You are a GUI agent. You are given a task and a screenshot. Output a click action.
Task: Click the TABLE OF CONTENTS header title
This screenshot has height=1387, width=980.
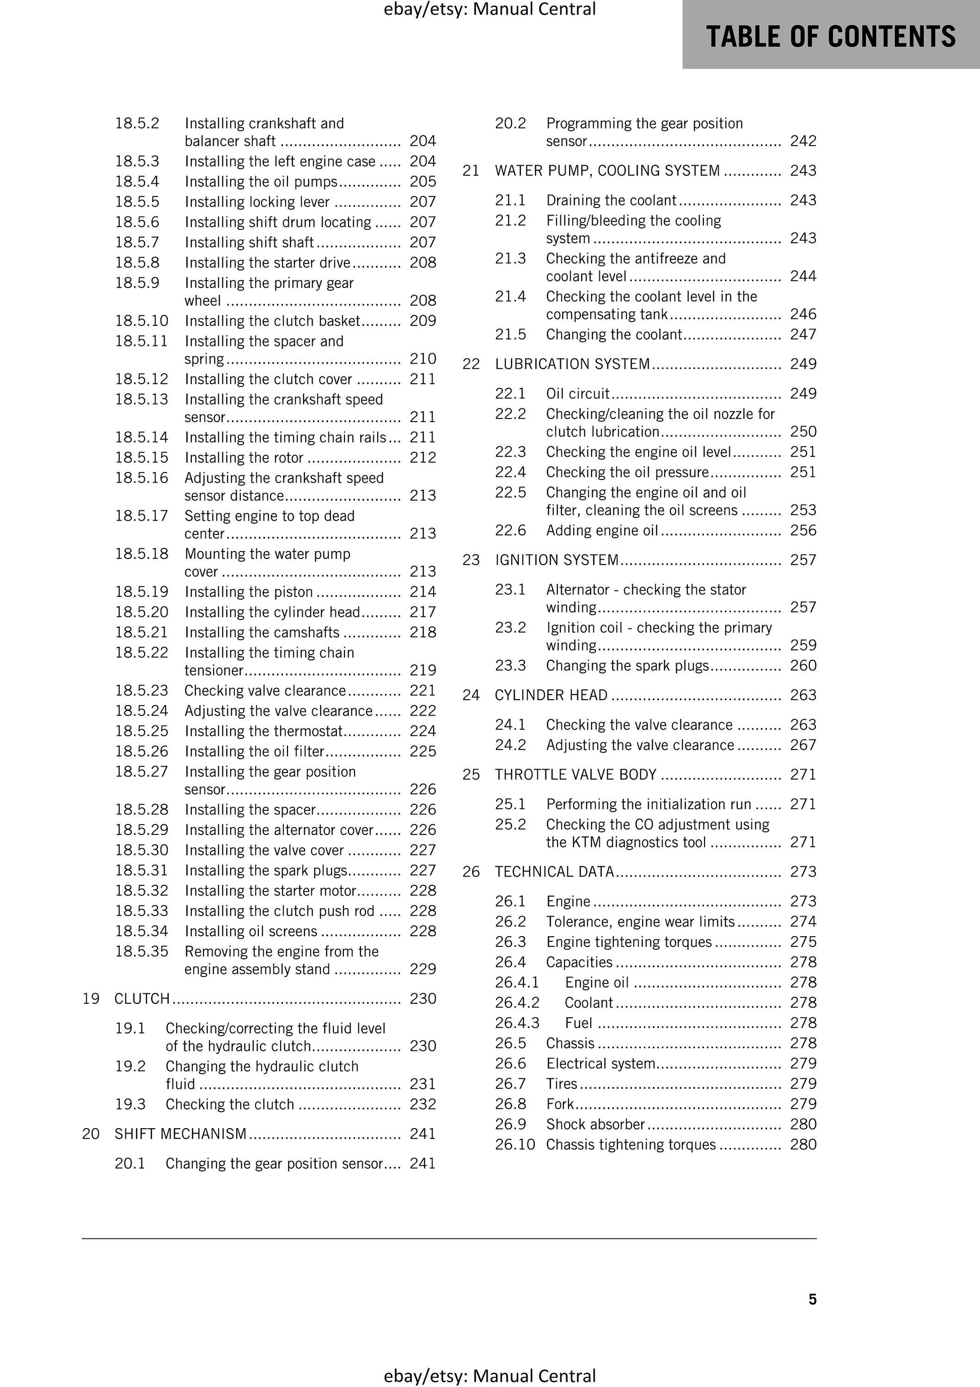831,36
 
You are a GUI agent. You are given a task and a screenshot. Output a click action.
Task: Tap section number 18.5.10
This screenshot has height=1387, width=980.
142,321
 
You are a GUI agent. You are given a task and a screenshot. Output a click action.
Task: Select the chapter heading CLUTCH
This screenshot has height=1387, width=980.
142,999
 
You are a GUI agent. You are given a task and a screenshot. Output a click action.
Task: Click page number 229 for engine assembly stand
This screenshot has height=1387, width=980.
423,969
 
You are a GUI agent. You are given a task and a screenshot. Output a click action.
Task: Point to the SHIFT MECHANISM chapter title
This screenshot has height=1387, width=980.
181,1134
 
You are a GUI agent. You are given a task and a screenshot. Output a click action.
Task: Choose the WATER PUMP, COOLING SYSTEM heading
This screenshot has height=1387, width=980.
607,170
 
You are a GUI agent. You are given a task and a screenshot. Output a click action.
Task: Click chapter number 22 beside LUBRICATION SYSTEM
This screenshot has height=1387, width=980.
471,364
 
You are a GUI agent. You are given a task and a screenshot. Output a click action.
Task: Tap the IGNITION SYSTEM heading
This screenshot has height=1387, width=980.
556,560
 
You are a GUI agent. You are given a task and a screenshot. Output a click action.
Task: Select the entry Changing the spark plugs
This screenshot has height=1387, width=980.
627,666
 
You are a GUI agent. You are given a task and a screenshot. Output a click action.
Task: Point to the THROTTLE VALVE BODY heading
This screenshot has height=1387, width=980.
575,775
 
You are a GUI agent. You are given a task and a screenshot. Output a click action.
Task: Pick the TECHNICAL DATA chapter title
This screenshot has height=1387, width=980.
554,872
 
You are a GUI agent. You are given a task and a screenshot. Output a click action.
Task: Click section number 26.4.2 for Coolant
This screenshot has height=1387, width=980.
517,1003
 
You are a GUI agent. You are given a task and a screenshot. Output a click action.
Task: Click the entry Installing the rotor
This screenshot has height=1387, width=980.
244,458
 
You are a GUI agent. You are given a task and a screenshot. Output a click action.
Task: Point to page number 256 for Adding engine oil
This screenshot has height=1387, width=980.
803,530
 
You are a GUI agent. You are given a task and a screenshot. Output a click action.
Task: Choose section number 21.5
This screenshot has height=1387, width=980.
511,335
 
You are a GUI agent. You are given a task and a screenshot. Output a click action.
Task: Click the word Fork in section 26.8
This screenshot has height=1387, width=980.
560,1104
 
